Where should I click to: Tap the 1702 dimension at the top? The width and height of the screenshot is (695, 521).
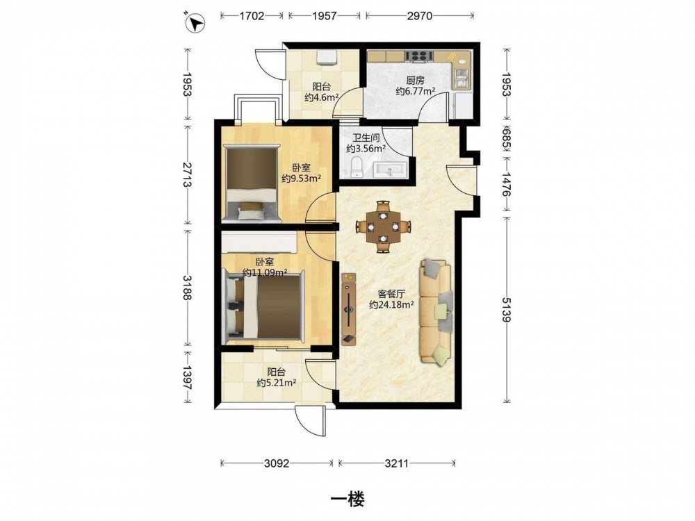pos(252,16)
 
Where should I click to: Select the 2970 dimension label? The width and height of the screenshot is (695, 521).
pos(420,16)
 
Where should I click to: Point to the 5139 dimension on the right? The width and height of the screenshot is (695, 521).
pos(506,310)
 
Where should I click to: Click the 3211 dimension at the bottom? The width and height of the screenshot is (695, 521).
pos(396,463)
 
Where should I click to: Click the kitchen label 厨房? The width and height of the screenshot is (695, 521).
pos(415,81)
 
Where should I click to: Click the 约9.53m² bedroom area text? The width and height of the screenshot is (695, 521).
pos(302,178)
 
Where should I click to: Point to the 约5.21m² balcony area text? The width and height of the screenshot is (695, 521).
pos(277,382)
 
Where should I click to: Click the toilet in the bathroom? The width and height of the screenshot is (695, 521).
pos(357,167)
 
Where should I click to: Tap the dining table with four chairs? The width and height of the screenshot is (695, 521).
pos(383,226)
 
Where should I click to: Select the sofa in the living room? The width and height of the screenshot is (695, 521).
pos(436,312)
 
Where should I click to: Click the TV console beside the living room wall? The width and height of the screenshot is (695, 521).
pos(349,309)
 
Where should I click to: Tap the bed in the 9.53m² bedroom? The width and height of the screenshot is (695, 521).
pos(252,183)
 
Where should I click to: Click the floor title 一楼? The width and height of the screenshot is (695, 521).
pos(348,499)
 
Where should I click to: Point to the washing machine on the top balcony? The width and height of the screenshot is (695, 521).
pos(327,58)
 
